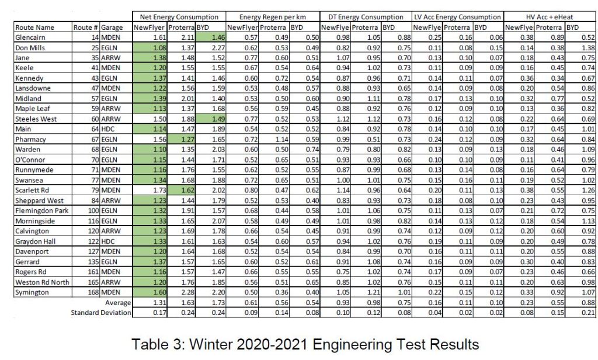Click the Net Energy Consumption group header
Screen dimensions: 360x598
coord(178,17)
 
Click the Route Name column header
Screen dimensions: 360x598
coord(36,27)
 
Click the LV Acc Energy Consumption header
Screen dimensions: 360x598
coord(457,17)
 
